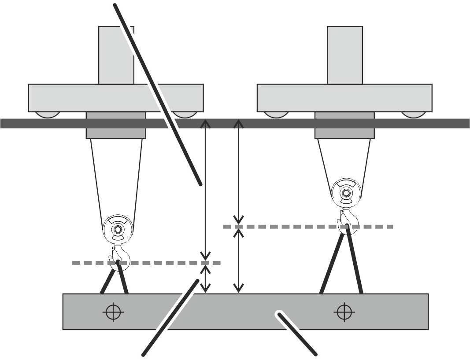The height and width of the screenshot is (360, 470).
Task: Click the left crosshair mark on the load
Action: (x=113, y=312)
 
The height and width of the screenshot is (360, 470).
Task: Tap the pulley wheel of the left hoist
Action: (x=117, y=229)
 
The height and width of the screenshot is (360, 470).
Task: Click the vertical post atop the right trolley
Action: (x=345, y=55)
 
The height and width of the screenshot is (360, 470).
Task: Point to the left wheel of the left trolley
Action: (x=47, y=114)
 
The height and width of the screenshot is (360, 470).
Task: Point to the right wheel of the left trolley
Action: (x=184, y=115)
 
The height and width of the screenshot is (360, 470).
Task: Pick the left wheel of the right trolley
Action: (x=277, y=114)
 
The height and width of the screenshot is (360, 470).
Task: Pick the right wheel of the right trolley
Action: (x=414, y=114)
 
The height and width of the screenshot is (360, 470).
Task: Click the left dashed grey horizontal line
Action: (x=145, y=263)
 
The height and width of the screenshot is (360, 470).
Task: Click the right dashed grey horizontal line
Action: (x=308, y=227)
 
